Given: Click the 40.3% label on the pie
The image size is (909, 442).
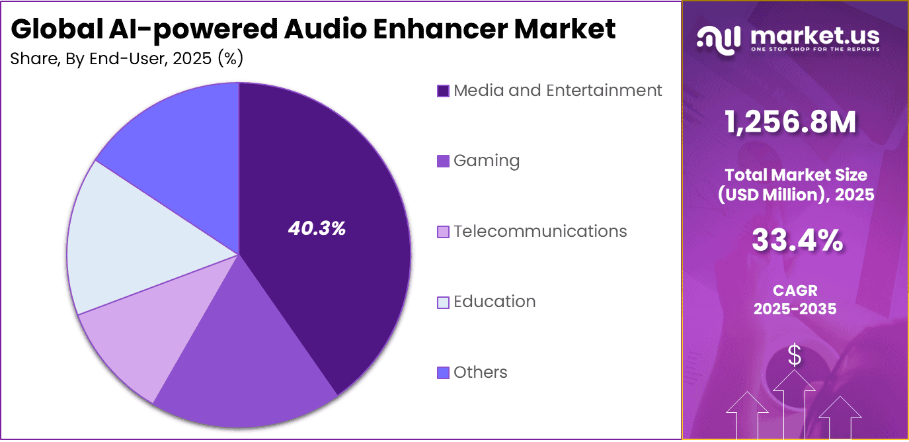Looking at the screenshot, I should coord(317,229).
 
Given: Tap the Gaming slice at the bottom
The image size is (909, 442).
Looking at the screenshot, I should coord(245,371).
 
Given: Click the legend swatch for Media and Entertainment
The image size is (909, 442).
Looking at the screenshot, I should coord(444,91).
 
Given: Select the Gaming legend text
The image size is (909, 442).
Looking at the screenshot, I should coord(487,161).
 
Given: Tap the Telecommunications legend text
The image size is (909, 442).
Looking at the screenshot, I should coord(540,231).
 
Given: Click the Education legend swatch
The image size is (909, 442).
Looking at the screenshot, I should coord(444,302).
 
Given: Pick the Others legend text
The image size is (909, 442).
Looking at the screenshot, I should coord(481,372).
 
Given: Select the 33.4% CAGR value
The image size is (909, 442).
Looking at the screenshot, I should coord(797,241).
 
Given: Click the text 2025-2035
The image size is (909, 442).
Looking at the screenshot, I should coord(795,308).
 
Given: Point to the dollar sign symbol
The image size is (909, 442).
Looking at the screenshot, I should coord(795,356).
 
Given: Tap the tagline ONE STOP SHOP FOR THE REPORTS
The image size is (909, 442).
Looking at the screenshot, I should coord(815,50).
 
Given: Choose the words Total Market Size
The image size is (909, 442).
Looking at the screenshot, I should coord(796,175).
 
